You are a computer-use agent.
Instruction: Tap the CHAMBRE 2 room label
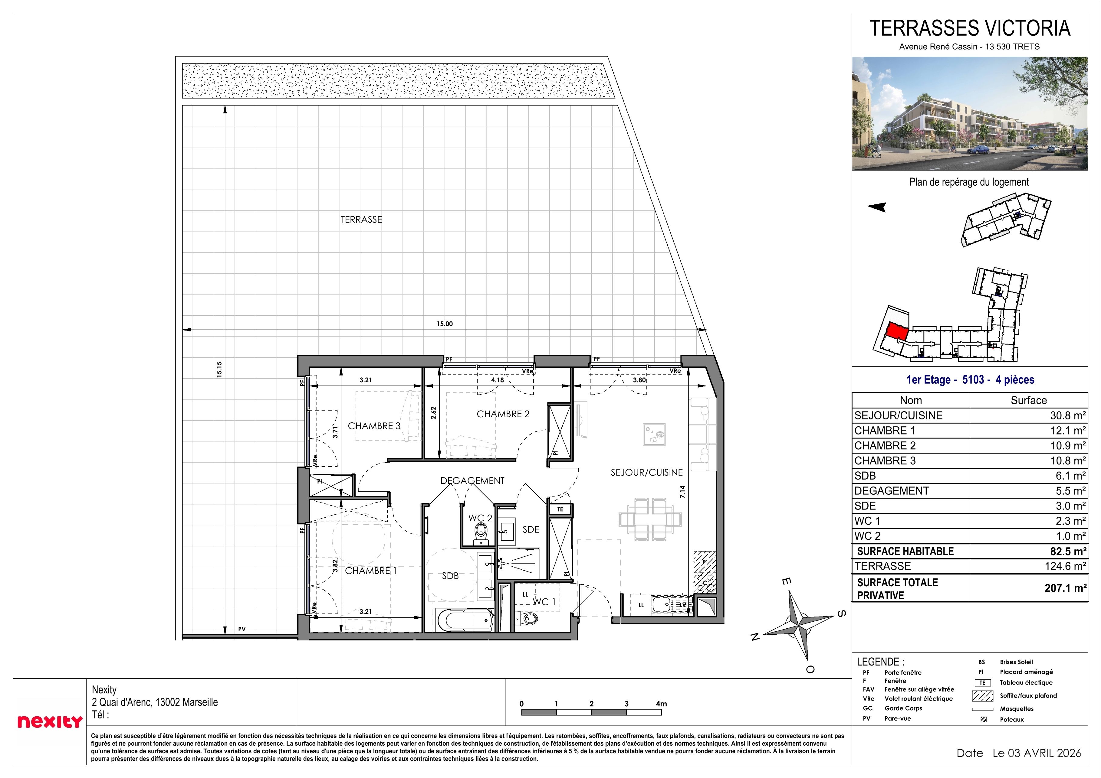pyautogui.click(x=503, y=414)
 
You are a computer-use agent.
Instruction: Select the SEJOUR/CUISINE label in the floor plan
pyautogui.click(x=646, y=472)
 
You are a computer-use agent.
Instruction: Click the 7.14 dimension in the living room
pyautogui.click(x=682, y=492)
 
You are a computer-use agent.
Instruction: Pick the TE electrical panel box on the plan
pyautogui.click(x=560, y=509)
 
